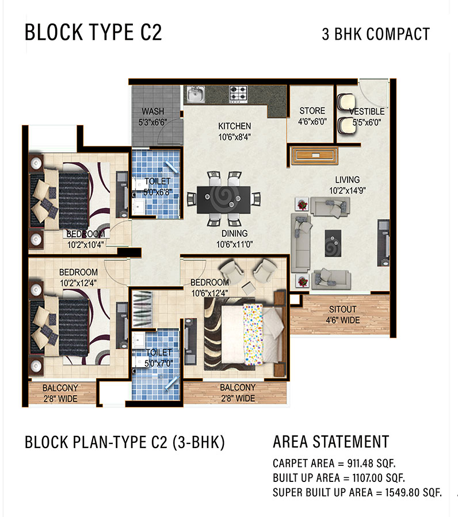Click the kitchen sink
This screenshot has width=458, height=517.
[196, 94]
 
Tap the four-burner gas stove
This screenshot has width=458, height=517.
[238, 94]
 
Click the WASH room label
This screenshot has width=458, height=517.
[153, 111]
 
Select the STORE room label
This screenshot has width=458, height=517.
[312, 110]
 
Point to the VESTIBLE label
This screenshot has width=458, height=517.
[367, 111]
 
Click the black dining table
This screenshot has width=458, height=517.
[224, 200]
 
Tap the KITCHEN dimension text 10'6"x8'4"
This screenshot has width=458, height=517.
[234, 137]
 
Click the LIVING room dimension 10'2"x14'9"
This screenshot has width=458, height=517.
[348, 191]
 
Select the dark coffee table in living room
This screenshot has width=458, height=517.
[333, 244]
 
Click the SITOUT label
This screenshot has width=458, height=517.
[343, 309]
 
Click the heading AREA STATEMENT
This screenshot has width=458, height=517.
[331, 442]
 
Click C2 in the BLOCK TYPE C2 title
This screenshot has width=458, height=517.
[151, 32]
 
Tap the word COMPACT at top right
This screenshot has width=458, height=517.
[398, 34]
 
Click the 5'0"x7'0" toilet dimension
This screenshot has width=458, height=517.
[158, 364]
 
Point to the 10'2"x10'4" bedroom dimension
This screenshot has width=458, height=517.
[86, 245]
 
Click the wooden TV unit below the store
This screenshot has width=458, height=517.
[314, 156]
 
